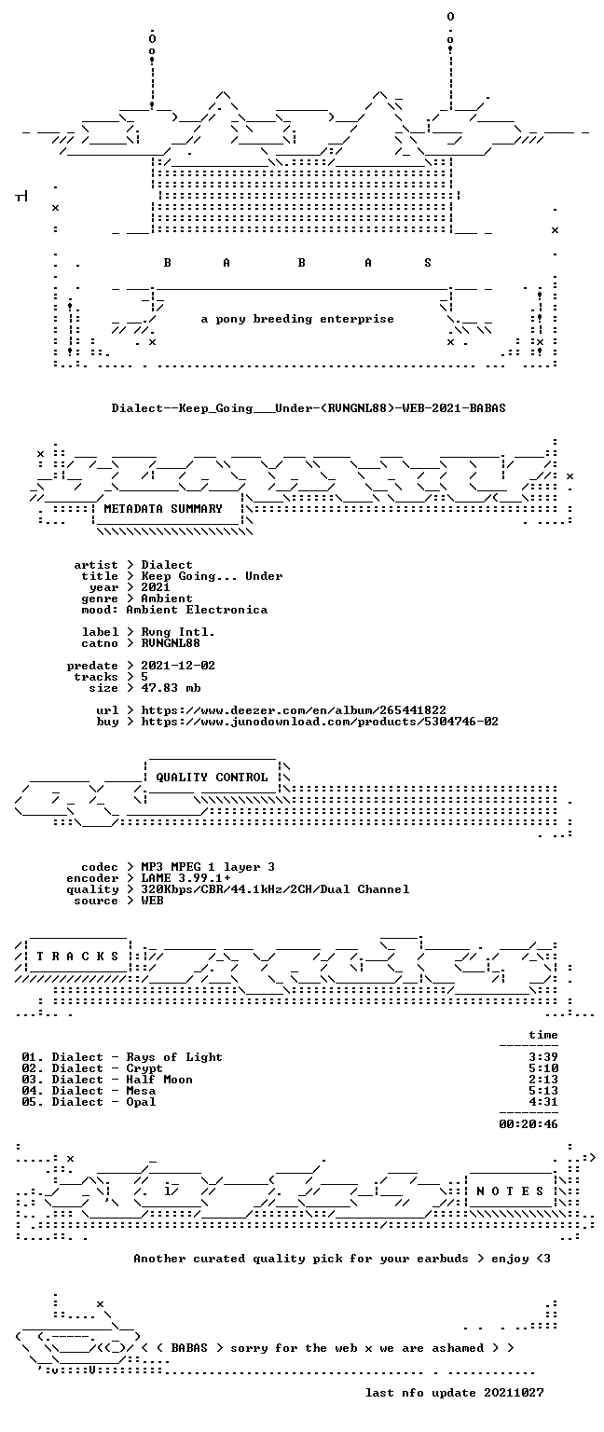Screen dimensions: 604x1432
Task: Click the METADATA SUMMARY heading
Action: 163,509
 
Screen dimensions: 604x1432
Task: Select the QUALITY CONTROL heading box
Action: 213,777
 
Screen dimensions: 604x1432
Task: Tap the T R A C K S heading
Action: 78,957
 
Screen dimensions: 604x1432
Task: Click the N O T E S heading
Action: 510,1191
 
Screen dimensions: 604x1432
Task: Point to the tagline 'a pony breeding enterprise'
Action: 297,319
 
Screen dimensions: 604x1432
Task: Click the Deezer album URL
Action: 294,710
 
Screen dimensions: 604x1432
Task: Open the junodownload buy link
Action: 320,722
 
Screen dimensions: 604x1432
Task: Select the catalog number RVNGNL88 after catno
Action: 171,643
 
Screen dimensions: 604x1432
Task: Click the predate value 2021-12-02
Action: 178,666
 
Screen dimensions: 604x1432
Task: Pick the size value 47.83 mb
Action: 171,688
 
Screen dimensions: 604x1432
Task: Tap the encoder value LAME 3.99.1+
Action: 185,878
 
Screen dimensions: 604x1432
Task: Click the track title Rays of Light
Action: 174,1057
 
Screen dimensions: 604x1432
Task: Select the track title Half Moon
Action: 159,1080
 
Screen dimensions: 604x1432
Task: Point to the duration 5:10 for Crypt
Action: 543,1068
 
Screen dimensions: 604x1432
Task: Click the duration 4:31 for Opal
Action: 543,1102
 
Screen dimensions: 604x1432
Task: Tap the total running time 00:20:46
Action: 528,1124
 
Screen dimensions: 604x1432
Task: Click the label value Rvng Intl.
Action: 178,632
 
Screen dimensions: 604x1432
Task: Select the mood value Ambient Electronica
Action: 197,610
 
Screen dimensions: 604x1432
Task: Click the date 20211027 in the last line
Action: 514,1393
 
